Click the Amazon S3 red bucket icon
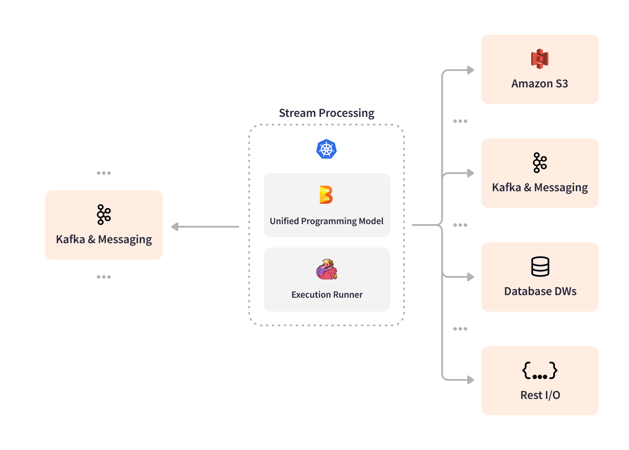click(539, 59)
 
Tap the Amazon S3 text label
click(539, 84)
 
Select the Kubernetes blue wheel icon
click(327, 149)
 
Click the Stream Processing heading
click(327, 113)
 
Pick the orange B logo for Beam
click(326, 195)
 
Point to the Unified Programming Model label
click(327, 221)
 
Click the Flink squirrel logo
click(327, 270)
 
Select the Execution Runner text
click(327, 295)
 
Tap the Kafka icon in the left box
click(104, 215)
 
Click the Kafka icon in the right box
click(539, 163)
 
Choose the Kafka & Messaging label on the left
click(104, 239)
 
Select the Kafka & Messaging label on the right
click(539, 187)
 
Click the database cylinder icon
click(540, 267)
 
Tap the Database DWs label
click(540, 291)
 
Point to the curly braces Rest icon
click(540, 371)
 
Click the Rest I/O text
click(540, 395)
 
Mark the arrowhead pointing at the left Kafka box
click(175, 227)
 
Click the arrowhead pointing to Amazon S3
click(471, 70)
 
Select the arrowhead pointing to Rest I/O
click(471, 380)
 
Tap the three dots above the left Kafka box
click(104, 173)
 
